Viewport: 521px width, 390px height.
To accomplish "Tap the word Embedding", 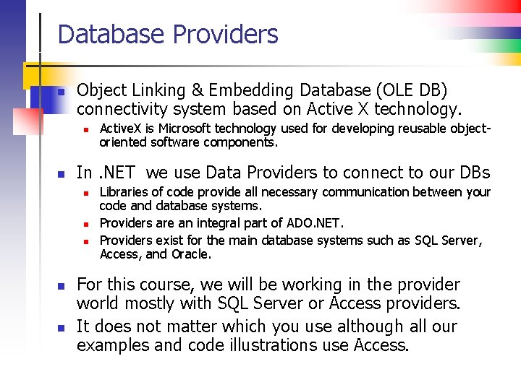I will pyautogui.click(x=249, y=90).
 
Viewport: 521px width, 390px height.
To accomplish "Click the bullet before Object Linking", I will pyautogui.click(x=62, y=92).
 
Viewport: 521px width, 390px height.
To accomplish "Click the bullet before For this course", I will pyautogui.click(x=62, y=286).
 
